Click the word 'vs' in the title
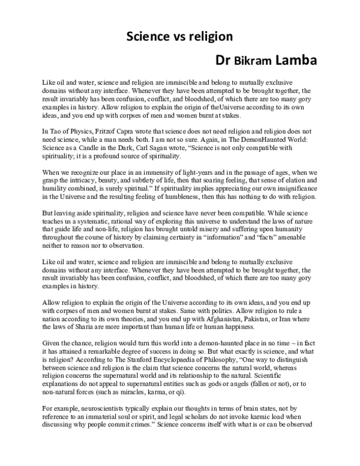[175, 36]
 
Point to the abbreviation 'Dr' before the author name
[223, 61]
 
